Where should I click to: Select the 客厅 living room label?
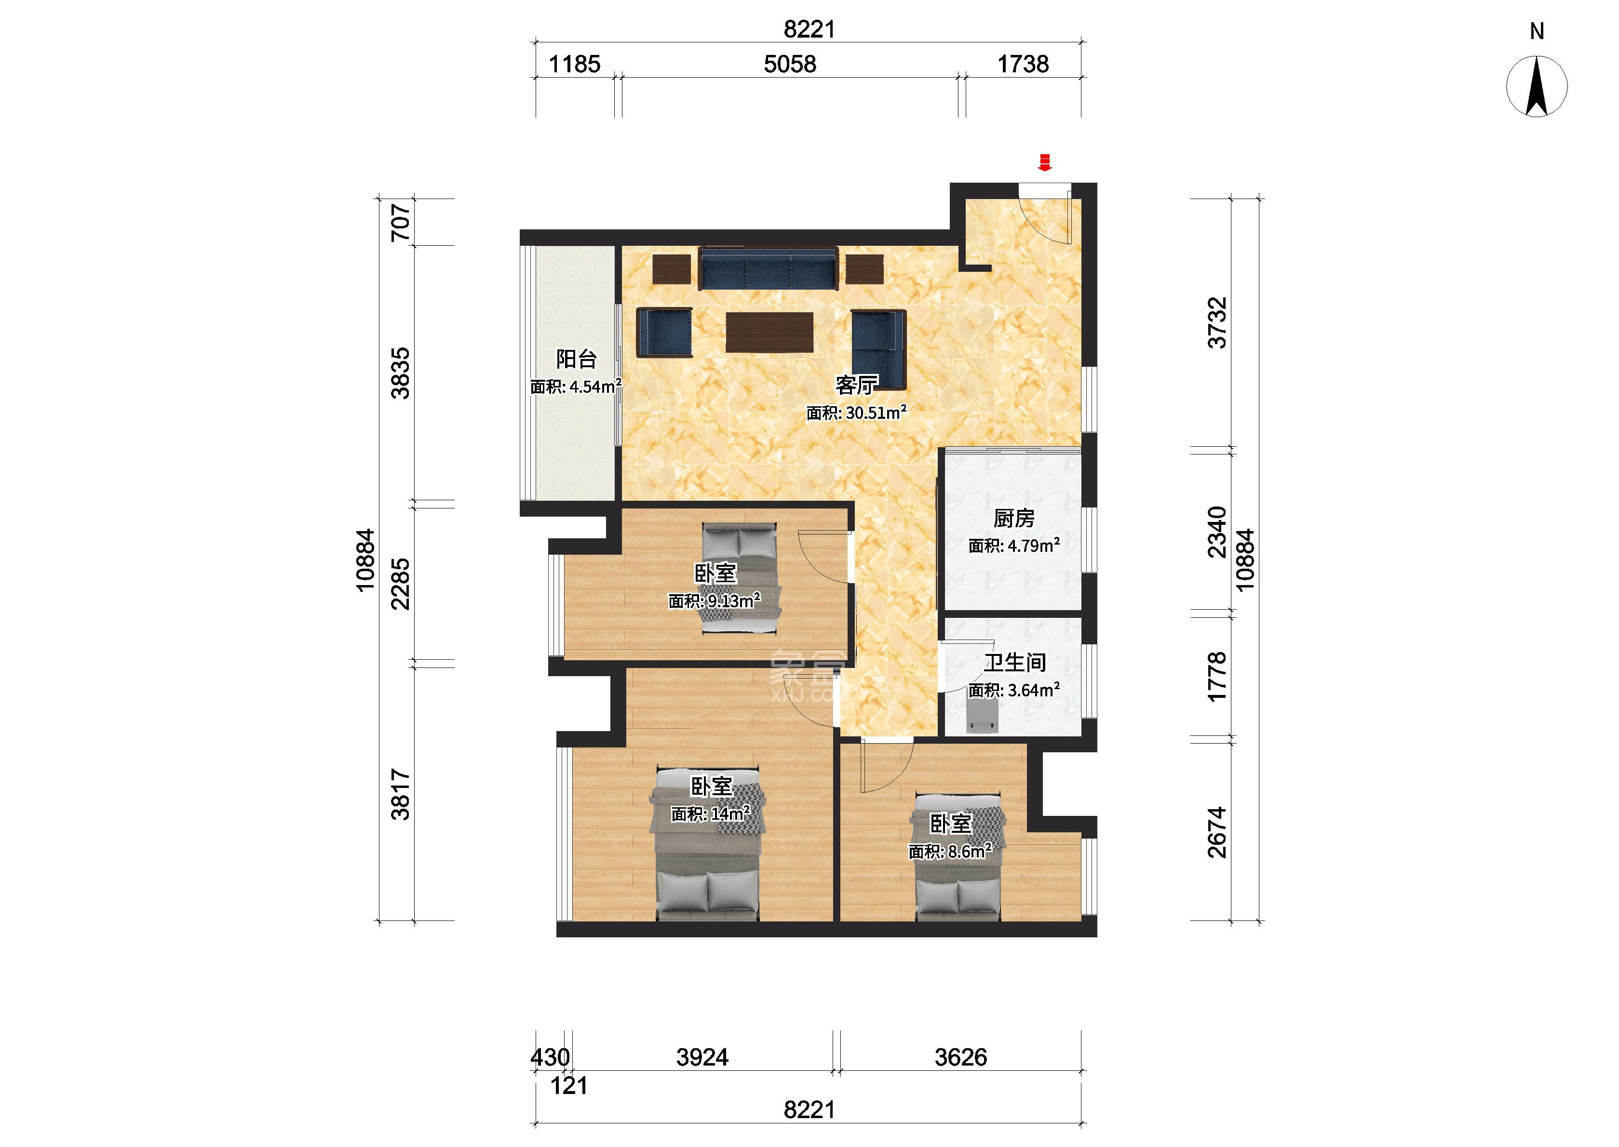point(856,385)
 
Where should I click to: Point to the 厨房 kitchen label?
point(1013,519)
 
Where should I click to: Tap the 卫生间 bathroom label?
point(1015,663)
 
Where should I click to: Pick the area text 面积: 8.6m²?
point(950,851)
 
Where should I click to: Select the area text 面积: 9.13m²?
point(714,601)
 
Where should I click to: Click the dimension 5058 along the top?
point(790,64)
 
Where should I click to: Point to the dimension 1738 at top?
point(1023,64)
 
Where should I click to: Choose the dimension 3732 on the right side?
point(1217,323)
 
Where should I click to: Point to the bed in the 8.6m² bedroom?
point(958,858)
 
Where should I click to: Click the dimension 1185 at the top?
point(574,64)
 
